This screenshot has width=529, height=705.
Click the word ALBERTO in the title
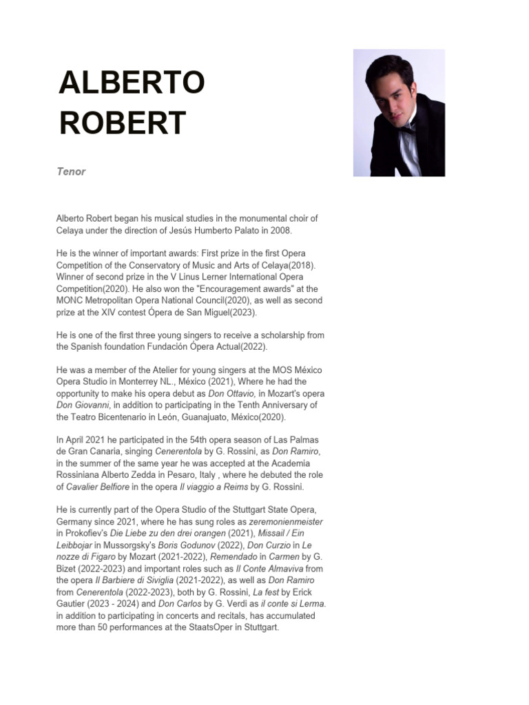(132, 83)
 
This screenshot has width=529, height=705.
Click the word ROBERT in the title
(123, 123)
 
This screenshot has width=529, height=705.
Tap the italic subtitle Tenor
(71, 171)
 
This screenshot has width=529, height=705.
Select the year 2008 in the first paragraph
(261, 230)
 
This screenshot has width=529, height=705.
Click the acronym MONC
(70, 300)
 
